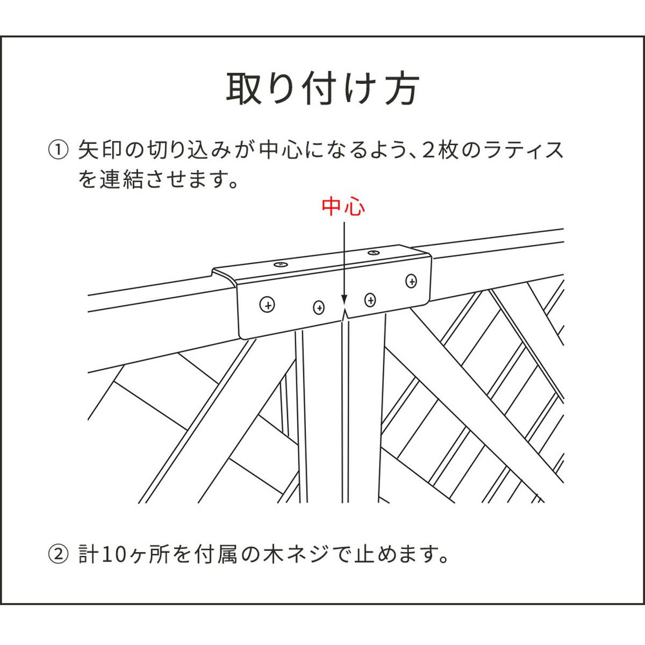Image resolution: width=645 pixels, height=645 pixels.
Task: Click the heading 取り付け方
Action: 322,89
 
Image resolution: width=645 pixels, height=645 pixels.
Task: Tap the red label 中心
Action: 343,207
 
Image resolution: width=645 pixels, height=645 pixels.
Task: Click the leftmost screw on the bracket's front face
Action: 267,305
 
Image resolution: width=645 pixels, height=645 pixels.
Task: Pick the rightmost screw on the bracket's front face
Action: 411,280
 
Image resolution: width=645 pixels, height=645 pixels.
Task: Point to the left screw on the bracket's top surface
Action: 280,264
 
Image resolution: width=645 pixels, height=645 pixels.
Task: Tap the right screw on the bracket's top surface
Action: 372,252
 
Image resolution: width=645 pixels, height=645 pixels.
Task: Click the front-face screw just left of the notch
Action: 319,307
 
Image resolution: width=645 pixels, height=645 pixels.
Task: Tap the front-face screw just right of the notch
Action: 370,299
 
